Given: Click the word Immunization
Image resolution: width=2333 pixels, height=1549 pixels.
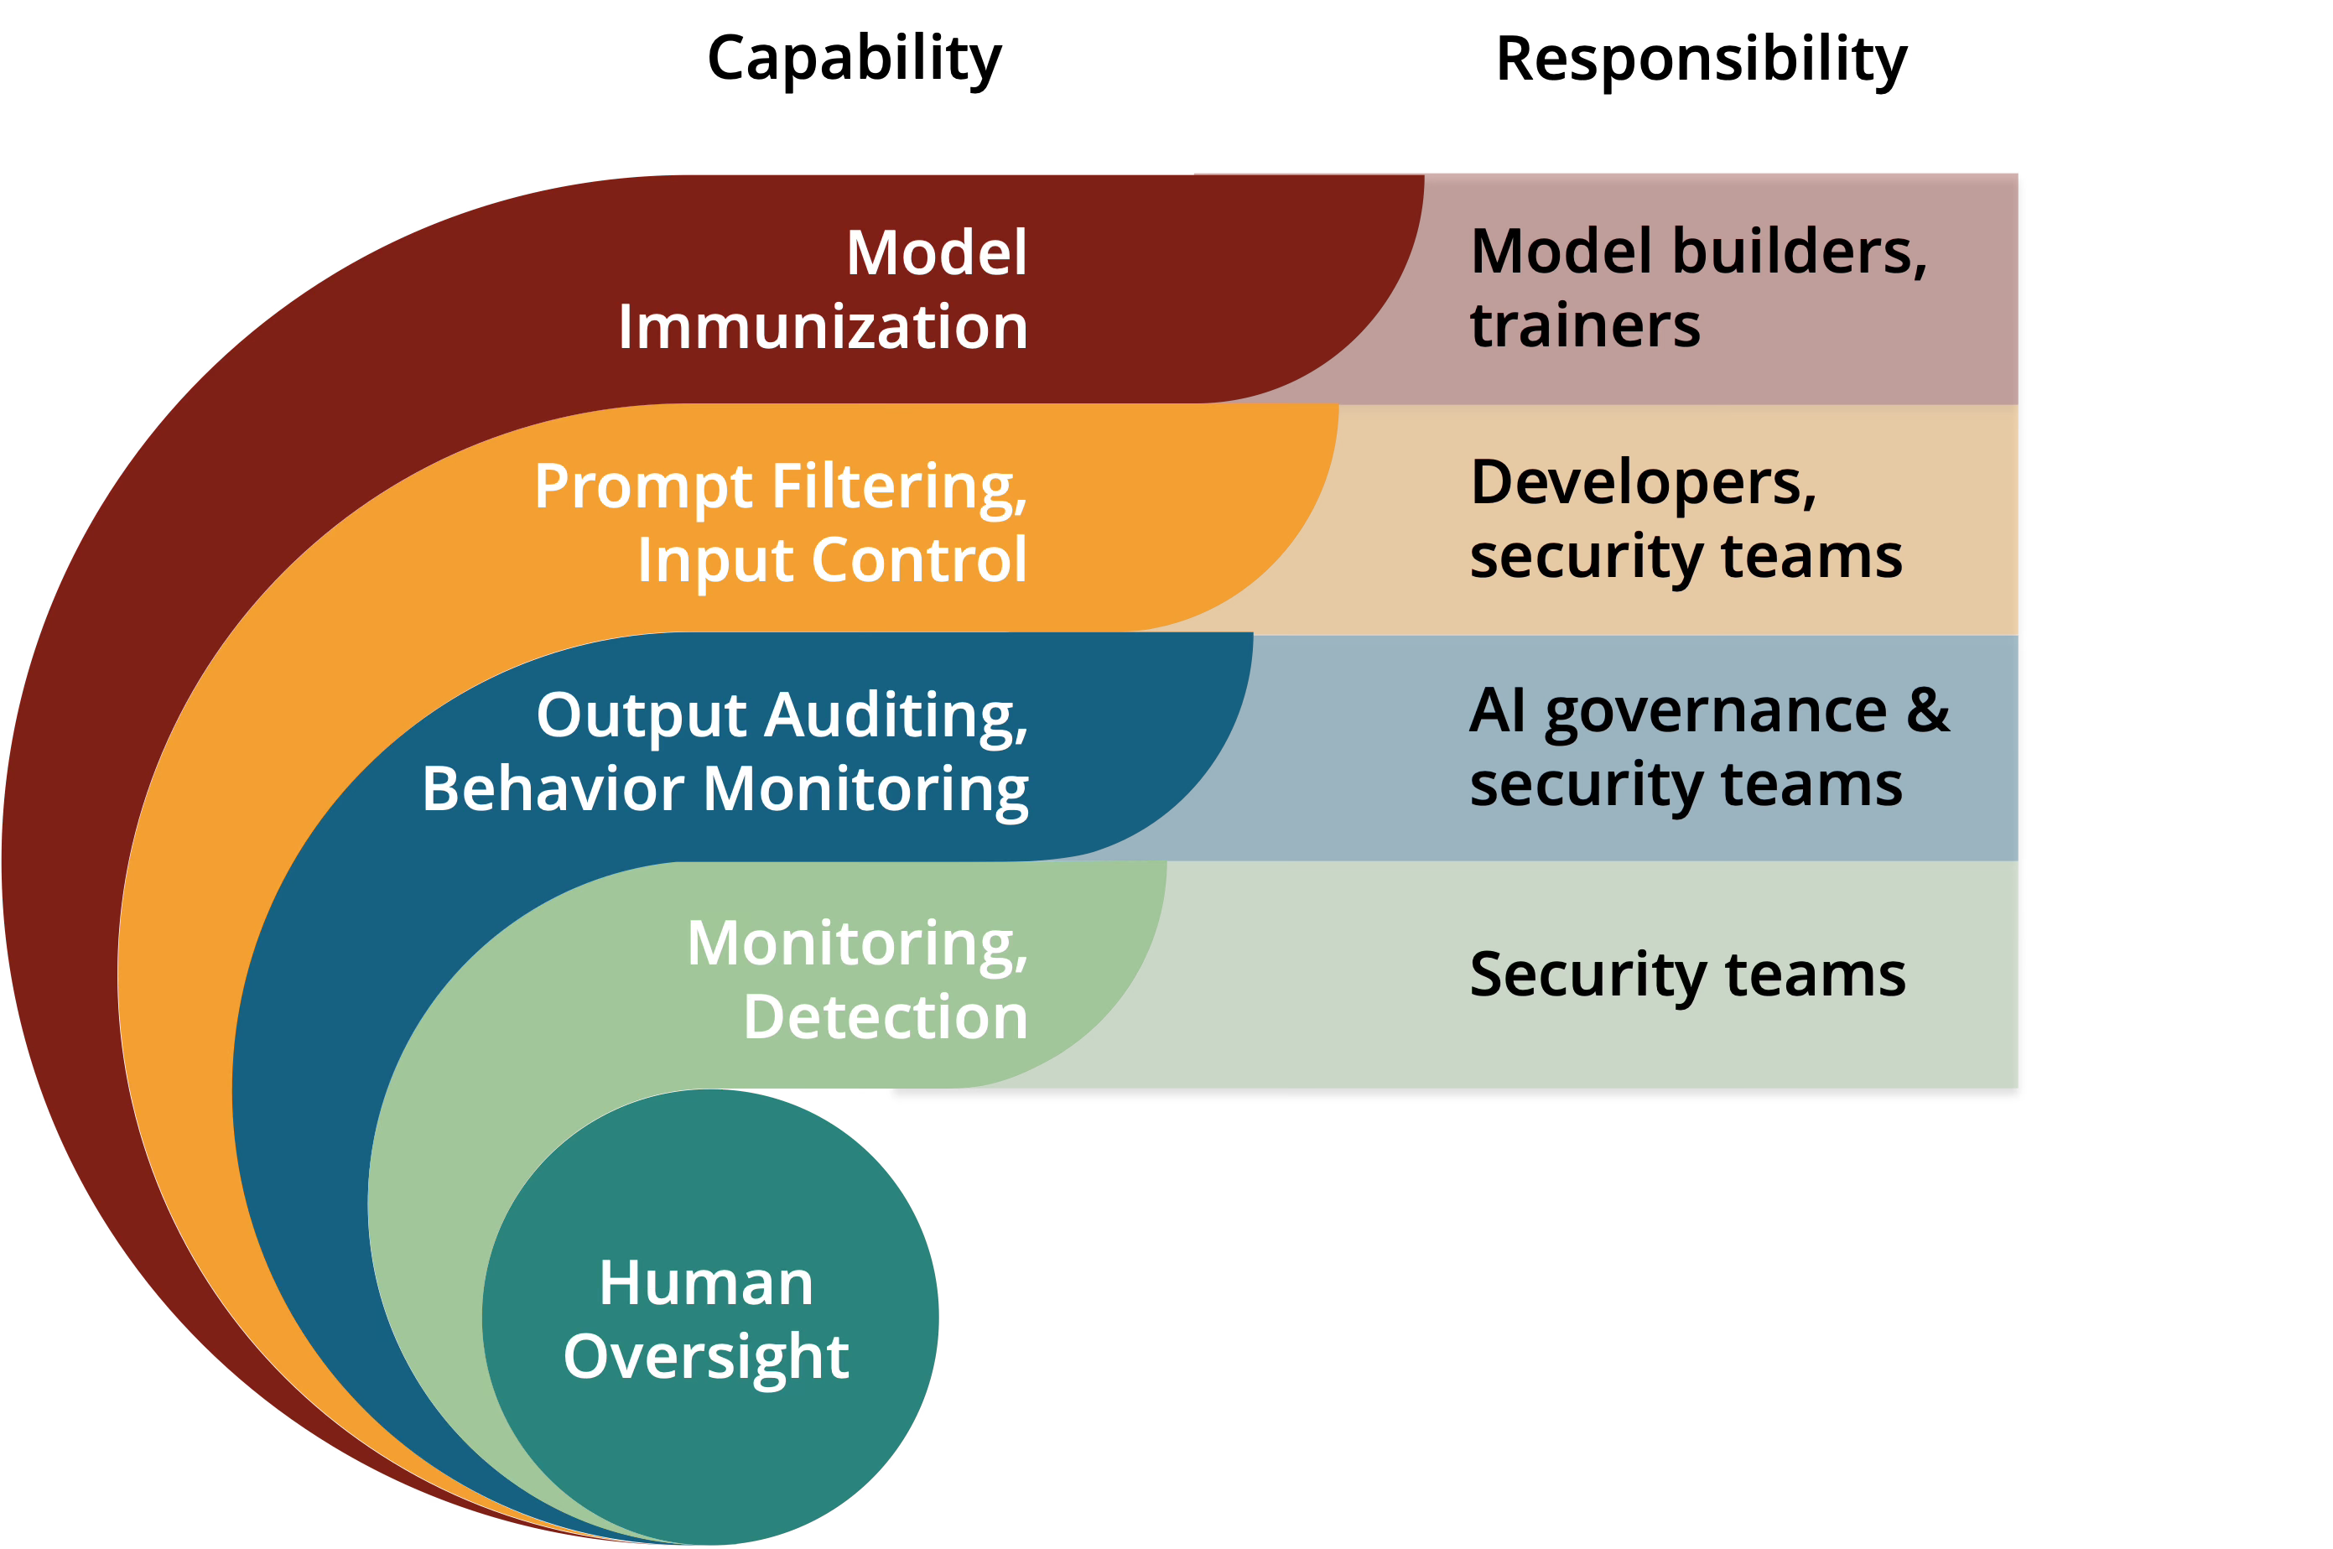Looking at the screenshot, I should click(823, 327).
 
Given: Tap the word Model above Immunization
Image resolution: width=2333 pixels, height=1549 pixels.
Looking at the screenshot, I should click(937, 253).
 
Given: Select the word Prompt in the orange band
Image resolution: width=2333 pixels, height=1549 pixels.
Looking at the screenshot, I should click(643, 487).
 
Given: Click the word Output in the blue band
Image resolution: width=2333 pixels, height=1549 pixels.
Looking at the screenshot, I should click(642, 715).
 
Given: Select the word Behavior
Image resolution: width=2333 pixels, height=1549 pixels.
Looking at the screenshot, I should click(553, 788).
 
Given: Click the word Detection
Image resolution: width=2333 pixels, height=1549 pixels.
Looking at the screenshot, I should click(885, 1016).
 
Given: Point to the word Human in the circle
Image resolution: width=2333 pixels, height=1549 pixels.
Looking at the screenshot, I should click(706, 1283).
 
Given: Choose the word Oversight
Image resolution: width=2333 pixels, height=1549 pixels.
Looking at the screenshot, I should click(706, 1356).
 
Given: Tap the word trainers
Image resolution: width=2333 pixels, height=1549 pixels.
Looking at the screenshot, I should click(1585, 325).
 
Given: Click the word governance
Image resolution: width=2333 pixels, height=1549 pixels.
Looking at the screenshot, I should click(1717, 711).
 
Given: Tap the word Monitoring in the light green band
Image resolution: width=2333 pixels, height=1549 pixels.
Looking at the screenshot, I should click(857, 943).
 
